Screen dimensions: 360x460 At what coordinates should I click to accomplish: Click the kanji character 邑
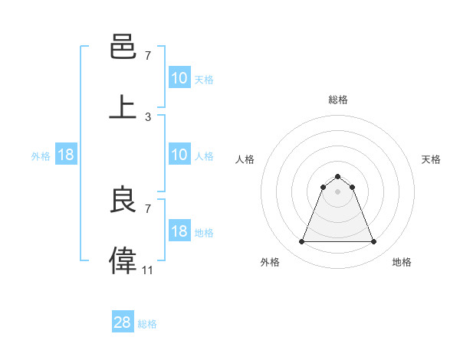(123, 48)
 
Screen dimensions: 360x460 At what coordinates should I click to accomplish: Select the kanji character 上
(123, 106)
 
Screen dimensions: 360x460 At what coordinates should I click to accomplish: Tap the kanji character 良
(123, 199)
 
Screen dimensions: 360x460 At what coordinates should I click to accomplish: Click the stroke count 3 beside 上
(148, 116)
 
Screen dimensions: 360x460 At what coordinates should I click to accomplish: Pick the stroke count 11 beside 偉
(148, 270)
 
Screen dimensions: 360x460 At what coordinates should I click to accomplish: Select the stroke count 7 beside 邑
(148, 56)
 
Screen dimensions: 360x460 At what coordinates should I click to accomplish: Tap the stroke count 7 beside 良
(148, 208)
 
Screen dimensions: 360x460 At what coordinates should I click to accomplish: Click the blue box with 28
(123, 322)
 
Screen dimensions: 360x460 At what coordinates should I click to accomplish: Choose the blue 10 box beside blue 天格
(179, 78)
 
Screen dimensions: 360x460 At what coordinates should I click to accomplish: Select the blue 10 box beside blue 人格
(179, 155)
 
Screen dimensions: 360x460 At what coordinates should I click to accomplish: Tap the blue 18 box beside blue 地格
(179, 231)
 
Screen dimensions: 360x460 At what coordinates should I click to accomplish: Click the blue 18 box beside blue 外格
(66, 155)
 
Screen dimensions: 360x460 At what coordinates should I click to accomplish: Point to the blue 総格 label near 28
(147, 324)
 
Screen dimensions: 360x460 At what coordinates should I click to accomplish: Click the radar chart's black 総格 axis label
(337, 100)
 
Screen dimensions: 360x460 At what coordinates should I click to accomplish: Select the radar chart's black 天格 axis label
(431, 159)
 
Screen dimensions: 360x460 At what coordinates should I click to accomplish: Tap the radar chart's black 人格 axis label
(245, 159)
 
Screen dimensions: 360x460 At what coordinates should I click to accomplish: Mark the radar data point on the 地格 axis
(373, 242)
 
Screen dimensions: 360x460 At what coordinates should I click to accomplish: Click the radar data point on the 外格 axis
(301, 242)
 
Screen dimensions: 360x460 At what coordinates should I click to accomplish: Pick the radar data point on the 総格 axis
(337, 176)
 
